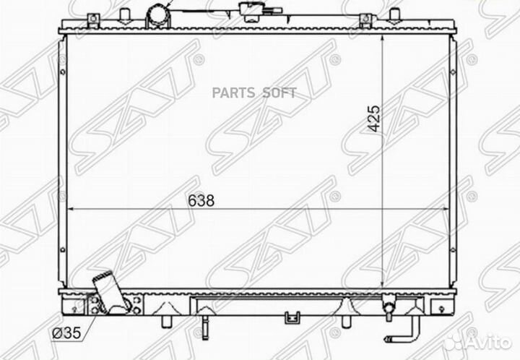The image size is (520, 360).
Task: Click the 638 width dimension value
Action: (x=201, y=200)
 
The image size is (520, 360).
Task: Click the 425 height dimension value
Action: (x=374, y=119)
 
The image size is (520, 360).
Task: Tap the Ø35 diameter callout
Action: (x=66, y=333)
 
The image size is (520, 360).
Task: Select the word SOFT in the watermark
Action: (x=279, y=93)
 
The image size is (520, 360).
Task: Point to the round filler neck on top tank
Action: (x=158, y=16)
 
